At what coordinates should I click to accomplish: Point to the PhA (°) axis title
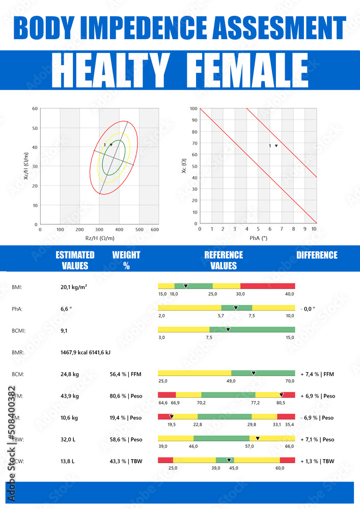coord(258,238)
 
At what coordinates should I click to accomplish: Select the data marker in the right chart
coord(276,146)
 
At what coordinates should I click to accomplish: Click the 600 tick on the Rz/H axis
coord(155,230)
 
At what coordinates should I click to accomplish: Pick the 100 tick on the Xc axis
coord(193,109)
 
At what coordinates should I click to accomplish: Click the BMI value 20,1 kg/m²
coord(74,287)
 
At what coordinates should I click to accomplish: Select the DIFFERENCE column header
coord(317,255)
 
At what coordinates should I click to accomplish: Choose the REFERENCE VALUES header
coord(224,260)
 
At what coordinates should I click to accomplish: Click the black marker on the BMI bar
coord(186,286)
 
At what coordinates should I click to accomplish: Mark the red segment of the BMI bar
coord(267,286)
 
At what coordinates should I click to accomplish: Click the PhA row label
coord(17,308)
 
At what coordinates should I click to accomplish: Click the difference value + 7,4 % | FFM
coord(317,374)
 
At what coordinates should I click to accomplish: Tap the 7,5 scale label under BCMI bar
coord(209,337)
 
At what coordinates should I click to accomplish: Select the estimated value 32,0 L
coord(68,439)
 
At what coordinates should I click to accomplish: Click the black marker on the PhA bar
coord(236,308)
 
